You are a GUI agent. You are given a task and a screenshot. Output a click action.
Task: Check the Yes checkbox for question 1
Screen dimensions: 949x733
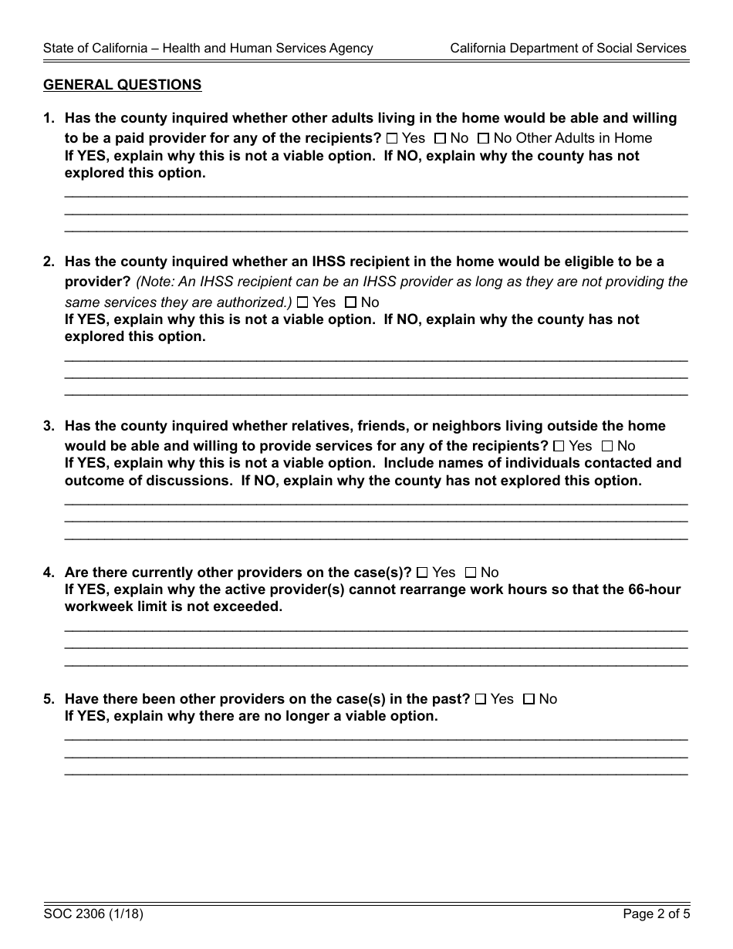[392, 139]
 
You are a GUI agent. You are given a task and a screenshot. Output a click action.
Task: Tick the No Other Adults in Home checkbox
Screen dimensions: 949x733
[483, 139]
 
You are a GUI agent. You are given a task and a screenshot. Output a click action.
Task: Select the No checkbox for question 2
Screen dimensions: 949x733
[350, 302]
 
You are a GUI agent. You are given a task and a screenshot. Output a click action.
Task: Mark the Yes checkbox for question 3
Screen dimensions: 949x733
[559, 446]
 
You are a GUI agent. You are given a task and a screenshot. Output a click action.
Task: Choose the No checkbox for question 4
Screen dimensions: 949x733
[471, 572]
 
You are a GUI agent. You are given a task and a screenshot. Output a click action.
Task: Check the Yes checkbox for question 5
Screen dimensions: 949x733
[481, 699]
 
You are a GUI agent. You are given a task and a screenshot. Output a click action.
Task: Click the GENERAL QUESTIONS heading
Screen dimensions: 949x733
[122, 85]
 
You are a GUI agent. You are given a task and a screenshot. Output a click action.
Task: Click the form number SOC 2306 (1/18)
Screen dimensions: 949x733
[93, 915]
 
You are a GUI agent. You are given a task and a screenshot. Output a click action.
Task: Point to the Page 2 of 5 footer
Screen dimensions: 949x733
[656, 915]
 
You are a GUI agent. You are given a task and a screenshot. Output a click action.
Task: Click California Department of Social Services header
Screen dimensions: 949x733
[568, 48]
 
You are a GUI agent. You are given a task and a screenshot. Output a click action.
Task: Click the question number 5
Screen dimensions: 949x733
[49, 699]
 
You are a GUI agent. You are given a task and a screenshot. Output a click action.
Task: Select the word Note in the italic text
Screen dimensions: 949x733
[157, 282]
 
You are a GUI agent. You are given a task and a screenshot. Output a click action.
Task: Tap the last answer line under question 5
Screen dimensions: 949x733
[376, 771]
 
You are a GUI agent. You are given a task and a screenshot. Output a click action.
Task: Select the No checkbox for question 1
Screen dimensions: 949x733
[440, 139]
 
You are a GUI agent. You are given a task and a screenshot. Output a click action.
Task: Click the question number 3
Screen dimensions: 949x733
[49, 426]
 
